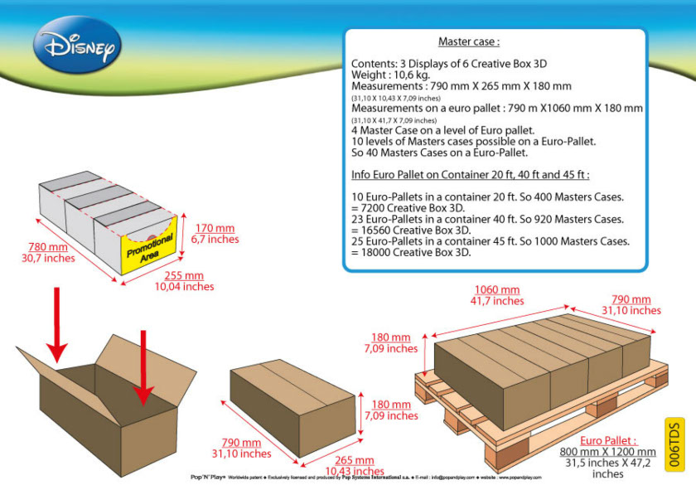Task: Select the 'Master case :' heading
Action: (469, 41)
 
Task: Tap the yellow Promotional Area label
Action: (150, 246)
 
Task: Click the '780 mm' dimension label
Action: (48, 246)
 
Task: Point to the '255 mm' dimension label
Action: (183, 275)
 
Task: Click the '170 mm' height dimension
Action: (215, 228)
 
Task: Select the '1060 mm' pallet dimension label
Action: (497, 289)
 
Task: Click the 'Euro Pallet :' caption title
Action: (608, 440)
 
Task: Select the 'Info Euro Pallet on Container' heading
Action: (470, 174)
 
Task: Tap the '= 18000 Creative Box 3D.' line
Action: (411, 252)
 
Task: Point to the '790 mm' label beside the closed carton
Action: (241, 442)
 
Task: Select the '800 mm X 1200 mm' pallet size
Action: (607, 452)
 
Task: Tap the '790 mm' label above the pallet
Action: (631, 299)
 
